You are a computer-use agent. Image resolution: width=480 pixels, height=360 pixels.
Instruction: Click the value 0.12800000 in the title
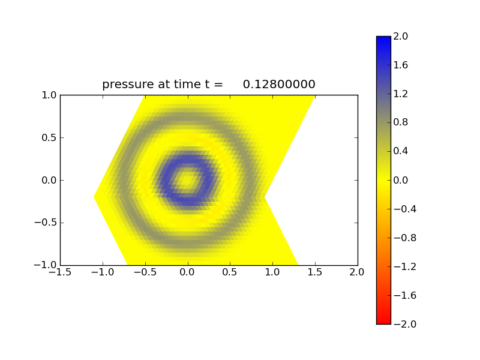click(279, 85)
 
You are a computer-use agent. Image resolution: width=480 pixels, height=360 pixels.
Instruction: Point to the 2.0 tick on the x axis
click(357, 272)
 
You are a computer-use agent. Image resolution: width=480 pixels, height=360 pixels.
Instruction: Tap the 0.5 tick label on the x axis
click(230, 272)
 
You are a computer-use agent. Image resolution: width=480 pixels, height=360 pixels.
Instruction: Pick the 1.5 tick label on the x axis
click(315, 272)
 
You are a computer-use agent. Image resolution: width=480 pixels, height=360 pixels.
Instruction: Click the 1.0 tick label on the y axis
click(49, 95)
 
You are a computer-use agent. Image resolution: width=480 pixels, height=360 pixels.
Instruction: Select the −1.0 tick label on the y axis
click(46, 265)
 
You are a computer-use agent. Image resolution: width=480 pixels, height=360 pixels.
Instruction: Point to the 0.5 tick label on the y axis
click(49, 137)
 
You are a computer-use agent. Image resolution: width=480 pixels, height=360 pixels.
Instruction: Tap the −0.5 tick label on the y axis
click(46, 223)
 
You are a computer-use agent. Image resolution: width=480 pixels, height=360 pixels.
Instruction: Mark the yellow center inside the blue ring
click(188, 179)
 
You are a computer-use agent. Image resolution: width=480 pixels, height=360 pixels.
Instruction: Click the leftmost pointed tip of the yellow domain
click(94, 197)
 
